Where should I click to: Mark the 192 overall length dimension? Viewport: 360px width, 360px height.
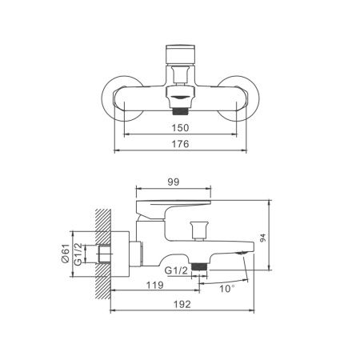(181, 305)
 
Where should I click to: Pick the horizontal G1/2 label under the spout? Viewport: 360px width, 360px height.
(176, 271)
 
